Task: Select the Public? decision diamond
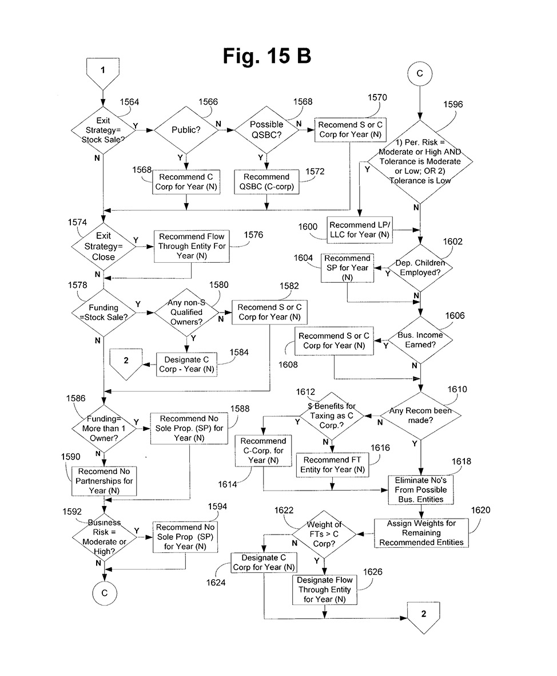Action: pos(186,130)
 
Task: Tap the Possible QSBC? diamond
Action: pos(266,130)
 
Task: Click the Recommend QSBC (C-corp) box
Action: pos(266,182)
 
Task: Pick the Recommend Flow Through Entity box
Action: pos(192,246)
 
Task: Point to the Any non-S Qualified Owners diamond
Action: pos(186,312)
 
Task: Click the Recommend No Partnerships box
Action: pos(104,481)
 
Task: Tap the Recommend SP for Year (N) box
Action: pos(347,268)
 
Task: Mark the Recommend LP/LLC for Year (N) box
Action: pos(360,230)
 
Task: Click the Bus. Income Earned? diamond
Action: pos(420,339)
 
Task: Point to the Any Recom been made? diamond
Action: pos(420,415)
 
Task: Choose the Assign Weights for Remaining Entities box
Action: pos(421,533)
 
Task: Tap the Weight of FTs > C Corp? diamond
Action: pos(325,534)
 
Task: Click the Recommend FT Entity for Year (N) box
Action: pos(332,464)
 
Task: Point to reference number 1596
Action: pos(453,105)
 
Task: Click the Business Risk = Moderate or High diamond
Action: pos(104,536)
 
